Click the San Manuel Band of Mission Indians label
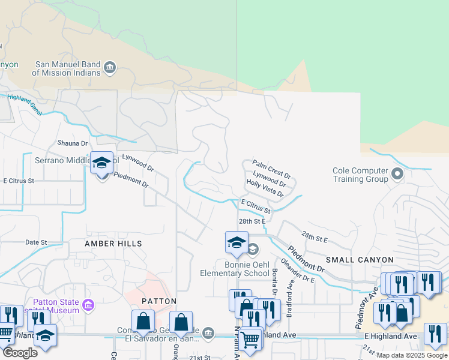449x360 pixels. point(66,68)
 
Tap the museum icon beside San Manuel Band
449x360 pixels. point(110,67)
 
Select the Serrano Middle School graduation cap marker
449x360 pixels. point(101,163)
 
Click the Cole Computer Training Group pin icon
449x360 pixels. point(397,175)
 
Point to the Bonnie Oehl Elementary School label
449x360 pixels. point(238,269)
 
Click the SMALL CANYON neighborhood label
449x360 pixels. point(359,260)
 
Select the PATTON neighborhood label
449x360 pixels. point(159,301)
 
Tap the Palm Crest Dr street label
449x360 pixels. point(271,169)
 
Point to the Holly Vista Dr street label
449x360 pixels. point(265,187)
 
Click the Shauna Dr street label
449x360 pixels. point(72,143)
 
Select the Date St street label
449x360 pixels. point(36,242)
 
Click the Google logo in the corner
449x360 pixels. point(20,353)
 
